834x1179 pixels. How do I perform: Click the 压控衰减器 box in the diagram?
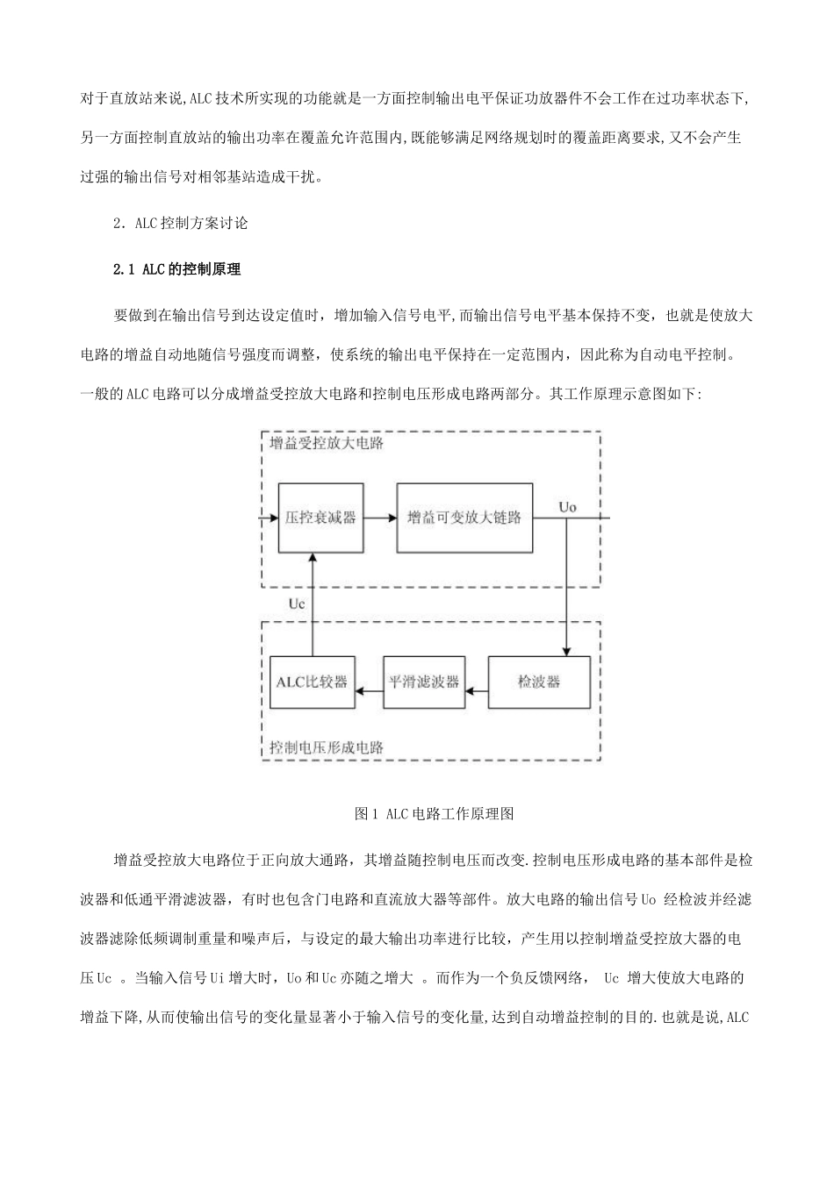click(320, 517)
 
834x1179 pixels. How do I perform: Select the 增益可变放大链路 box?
click(464, 517)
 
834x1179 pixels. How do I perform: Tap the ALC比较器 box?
click(312, 682)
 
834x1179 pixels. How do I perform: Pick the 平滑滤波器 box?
click(423, 682)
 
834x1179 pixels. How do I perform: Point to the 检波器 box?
click(539, 682)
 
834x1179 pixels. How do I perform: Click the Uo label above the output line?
click(568, 506)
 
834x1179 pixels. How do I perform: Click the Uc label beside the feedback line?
click(297, 604)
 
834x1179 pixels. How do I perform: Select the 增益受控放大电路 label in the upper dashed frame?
click(327, 443)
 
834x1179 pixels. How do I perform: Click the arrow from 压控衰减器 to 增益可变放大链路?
click(379, 518)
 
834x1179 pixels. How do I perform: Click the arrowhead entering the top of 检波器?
click(567, 651)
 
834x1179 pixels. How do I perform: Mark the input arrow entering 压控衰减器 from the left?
click(268, 518)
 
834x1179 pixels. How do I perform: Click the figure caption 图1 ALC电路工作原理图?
click(434, 813)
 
